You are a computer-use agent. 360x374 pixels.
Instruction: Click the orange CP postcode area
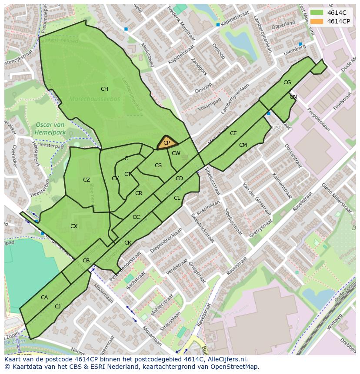point(167,143)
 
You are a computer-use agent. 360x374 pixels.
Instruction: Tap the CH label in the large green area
point(104,89)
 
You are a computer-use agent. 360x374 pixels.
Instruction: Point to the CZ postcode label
point(87,180)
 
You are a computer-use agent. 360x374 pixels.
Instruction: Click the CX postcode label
point(74,226)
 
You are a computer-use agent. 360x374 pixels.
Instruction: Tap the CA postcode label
point(44,298)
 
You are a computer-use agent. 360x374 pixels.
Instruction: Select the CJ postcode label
point(57,307)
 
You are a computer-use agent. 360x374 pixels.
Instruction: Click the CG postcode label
point(287,83)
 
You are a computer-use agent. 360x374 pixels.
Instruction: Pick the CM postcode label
point(243,145)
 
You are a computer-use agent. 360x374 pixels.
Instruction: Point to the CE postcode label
point(233,133)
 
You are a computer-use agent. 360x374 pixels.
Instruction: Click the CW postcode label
point(176,153)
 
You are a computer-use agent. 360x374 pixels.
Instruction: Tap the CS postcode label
point(158,165)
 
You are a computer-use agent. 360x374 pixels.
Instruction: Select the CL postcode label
point(177,198)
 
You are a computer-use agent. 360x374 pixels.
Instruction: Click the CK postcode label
point(128,243)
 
